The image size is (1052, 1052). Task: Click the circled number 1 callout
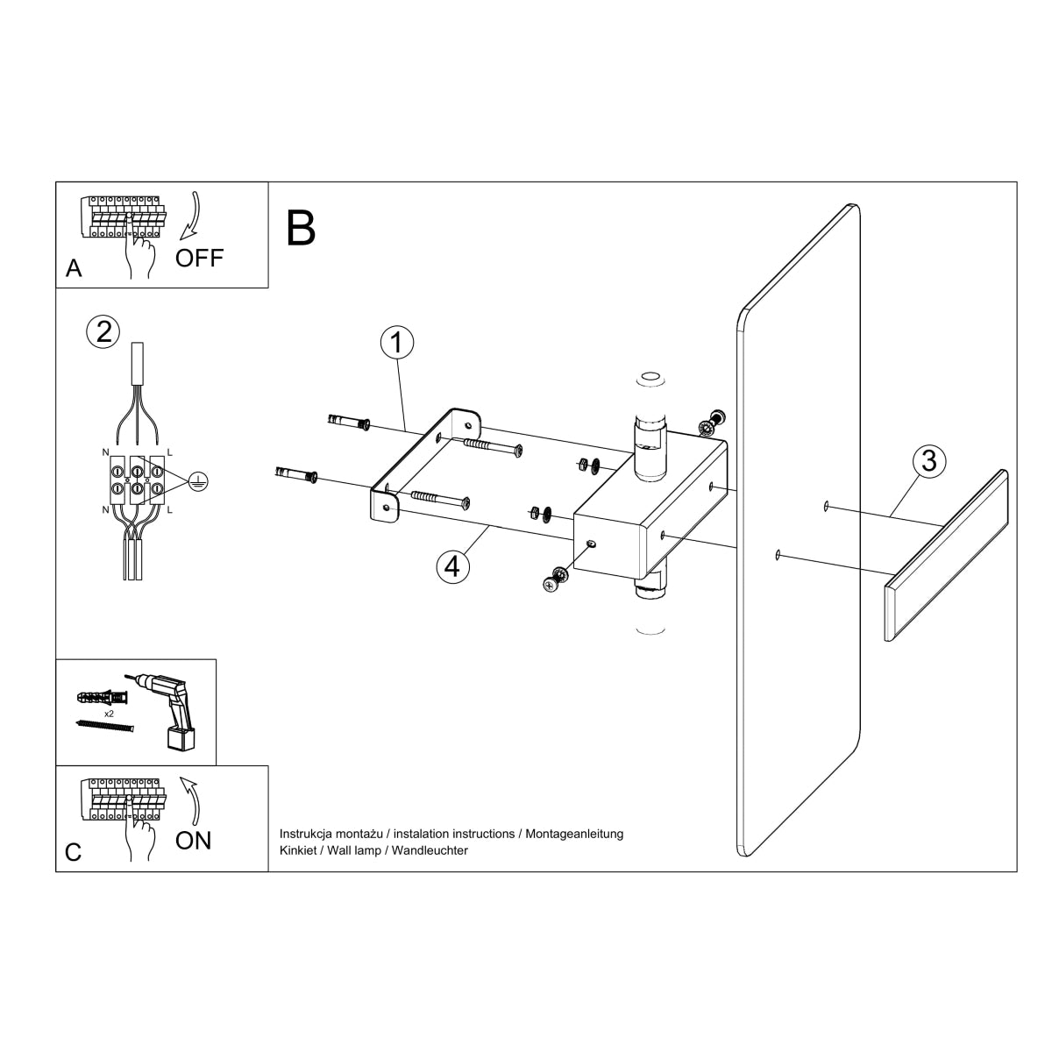click(x=396, y=343)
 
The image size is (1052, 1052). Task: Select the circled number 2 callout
click(x=103, y=331)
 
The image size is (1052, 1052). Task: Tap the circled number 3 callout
click(x=928, y=461)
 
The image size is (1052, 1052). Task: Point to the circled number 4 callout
click(x=451, y=566)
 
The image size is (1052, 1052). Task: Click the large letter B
click(x=302, y=228)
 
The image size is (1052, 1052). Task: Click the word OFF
click(x=199, y=258)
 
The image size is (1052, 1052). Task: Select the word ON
click(x=193, y=840)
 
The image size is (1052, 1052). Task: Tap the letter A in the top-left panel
click(x=74, y=268)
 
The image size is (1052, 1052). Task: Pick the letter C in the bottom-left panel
click(x=74, y=851)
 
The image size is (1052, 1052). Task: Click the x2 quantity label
click(x=110, y=714)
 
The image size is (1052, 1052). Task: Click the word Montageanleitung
click(x=574, y=834)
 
